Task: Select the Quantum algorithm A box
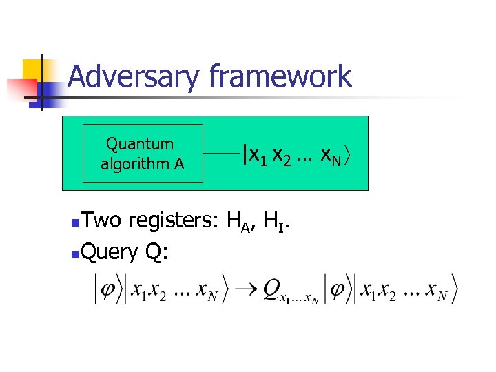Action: [143, 153]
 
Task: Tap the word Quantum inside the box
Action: [140, 144]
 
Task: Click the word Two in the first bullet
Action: [101, 220]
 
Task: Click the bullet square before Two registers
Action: [75, 223]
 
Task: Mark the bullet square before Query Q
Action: [75, 255]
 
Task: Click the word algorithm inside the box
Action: [142, 164]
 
